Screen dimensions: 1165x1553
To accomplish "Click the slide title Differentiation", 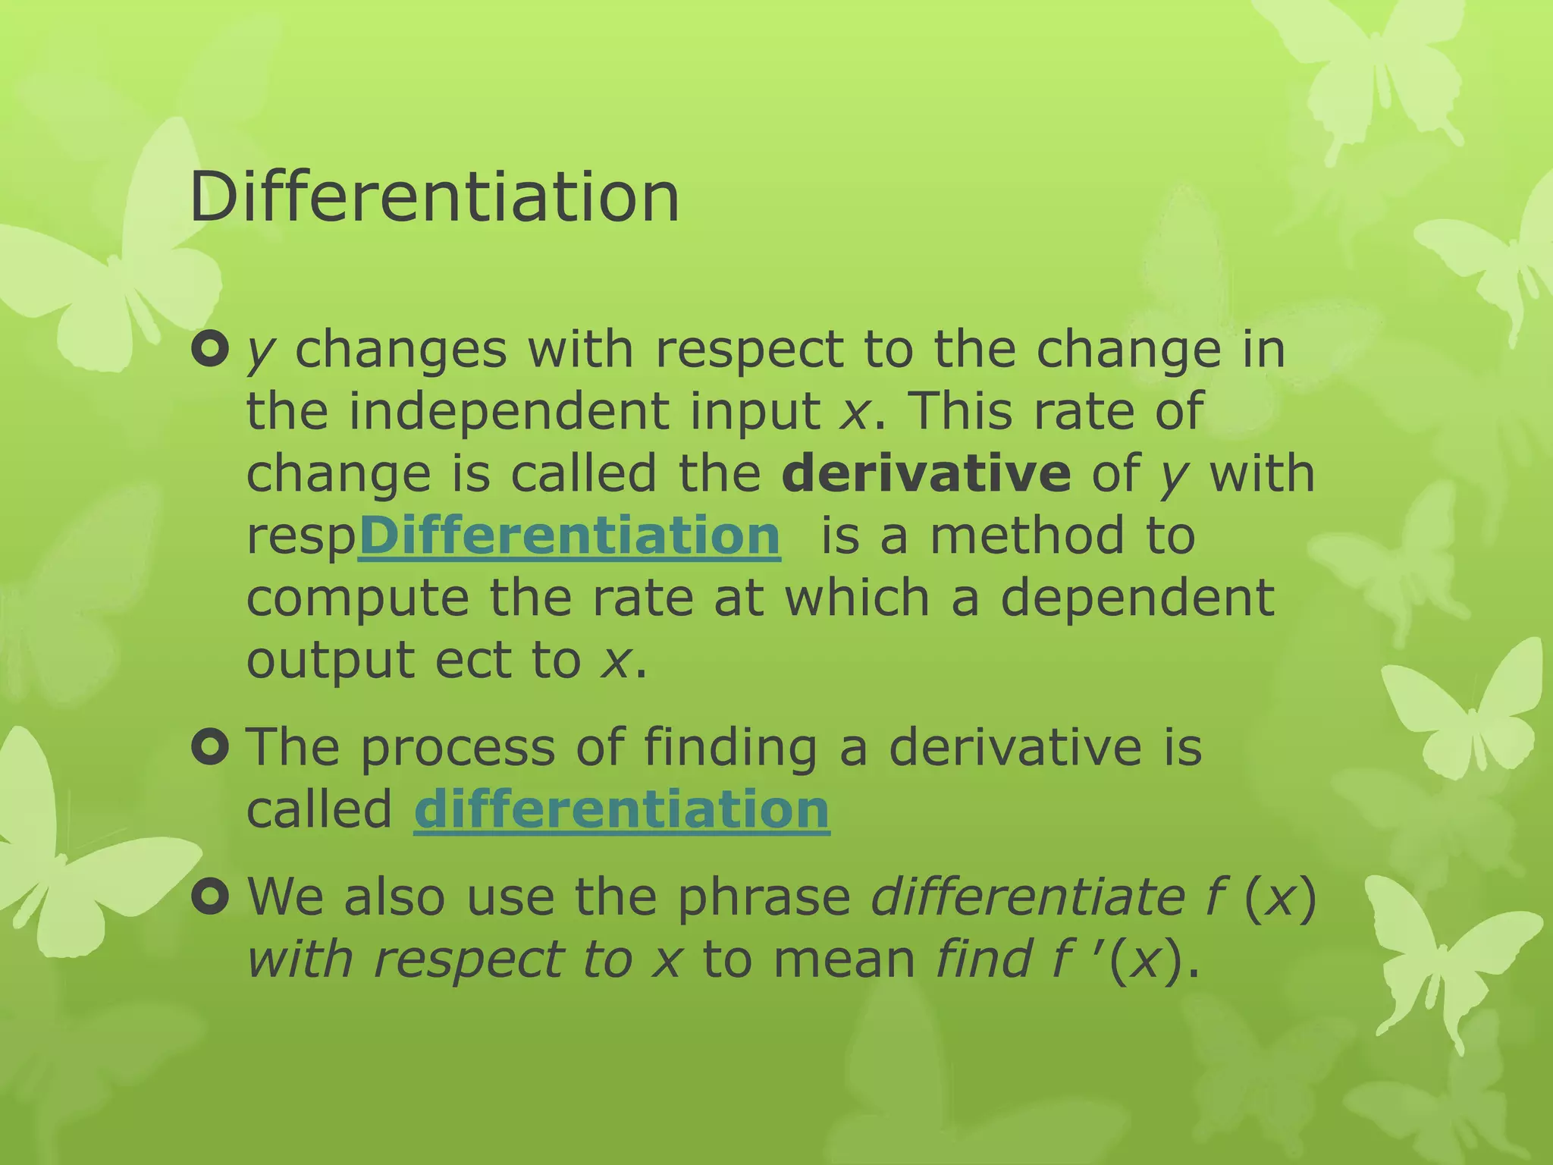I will (x=435, y=197).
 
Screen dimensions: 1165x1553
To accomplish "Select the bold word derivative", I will (x=926, y=473).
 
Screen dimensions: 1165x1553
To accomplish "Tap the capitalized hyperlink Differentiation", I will (x=569, y=535).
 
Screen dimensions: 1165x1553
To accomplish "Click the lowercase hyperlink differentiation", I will (x=622, y=809).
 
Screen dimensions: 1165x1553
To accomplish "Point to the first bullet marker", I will (x=210, y=350).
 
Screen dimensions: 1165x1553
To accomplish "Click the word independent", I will (x=509, y=412).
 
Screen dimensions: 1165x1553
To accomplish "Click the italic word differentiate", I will (x=1027, y=897).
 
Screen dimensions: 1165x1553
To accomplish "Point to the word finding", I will (x=731, y=748).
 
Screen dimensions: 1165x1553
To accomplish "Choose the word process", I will (x=457, y=748).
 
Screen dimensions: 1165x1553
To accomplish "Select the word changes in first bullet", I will (x=400, y=350).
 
